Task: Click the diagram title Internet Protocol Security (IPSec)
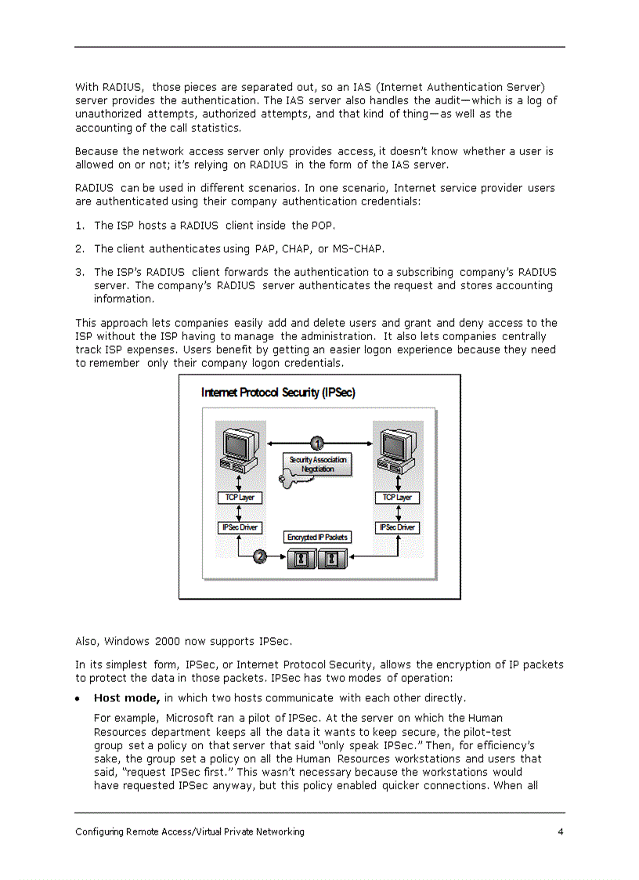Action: point(278,393)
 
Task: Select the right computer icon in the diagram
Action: point(398,449)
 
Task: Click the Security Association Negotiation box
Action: point(318,464)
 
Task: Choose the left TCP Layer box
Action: point(239,498)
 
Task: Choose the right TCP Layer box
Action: point(398,498)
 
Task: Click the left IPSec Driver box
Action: point(239,527)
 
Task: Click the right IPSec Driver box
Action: point(398,527)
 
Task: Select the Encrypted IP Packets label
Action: point(317,537)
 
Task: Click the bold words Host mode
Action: point(127,697)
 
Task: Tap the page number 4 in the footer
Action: point(561,831)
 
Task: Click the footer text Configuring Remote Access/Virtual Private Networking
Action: point(190,831)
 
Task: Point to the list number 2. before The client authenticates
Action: point(80,249)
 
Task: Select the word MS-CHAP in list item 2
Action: point(358,249)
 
